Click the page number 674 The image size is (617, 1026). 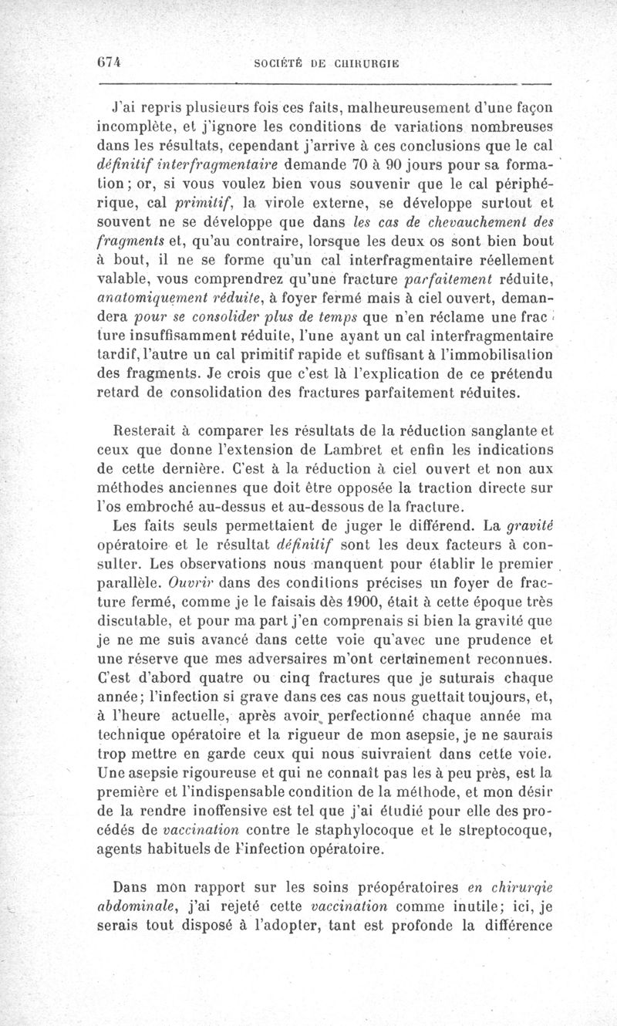coord(112,64)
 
